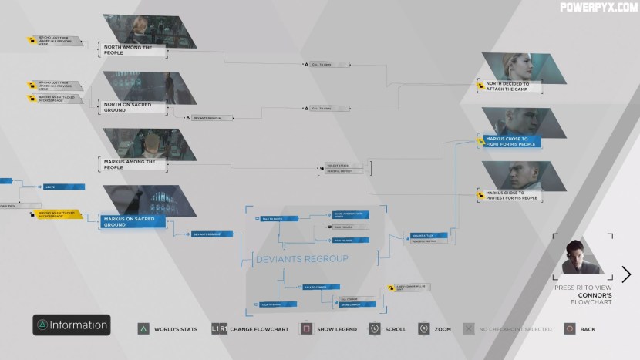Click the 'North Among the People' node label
[x=128, y=50]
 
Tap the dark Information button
[x=71, y=325]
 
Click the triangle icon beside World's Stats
[x=143, y=329]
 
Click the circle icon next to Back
[x=569, y=329]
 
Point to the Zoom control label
[x=443, y=329]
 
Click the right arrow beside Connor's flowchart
[x=626, y=274]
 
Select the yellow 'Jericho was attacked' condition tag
[x=56, y=215]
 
